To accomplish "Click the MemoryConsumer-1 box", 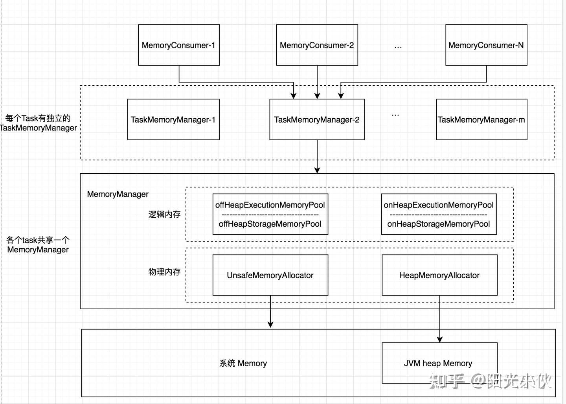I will pyautogui.click(x=179, y=45).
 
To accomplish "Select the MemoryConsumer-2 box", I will pyautogui.click(x=317, y=45).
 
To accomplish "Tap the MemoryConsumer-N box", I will pyautogui.click(x=486, y=45).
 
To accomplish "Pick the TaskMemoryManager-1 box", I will pyautogui.click(x=173, y=119).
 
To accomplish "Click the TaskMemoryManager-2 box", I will pyautogui.click(x=317, y=119).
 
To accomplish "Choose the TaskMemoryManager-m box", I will pyautogui.click(x=481, y=119).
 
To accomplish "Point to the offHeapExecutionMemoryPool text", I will pyautogui.click(x=270, y=205).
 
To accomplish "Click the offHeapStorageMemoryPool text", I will pyautogui.click(x=270, y=224).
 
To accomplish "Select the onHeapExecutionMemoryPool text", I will pyautogui.click(x=439, y=205).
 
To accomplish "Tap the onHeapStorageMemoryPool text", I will pyautogui.click(x=439, y=224).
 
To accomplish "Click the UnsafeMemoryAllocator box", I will pyautogui.click(x=270, y=275).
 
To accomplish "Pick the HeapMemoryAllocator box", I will pyautogui.click(x=439, y=275).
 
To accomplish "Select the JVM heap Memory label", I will pyautogui.click(x=438, y=364).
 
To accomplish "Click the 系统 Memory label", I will pyautogui.click(x=243, y=364).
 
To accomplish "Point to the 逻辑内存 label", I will pyautogui.click(x=164, y=215).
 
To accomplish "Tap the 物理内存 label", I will pyautogui.click(x=164, y=272).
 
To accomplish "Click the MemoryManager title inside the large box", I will pyautogui.click(x=118, y=194).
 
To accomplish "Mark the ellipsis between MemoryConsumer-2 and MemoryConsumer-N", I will pyautogui.click(x=398, y=47).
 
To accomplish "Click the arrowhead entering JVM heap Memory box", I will pyautogui.click(x=440, y=339).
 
